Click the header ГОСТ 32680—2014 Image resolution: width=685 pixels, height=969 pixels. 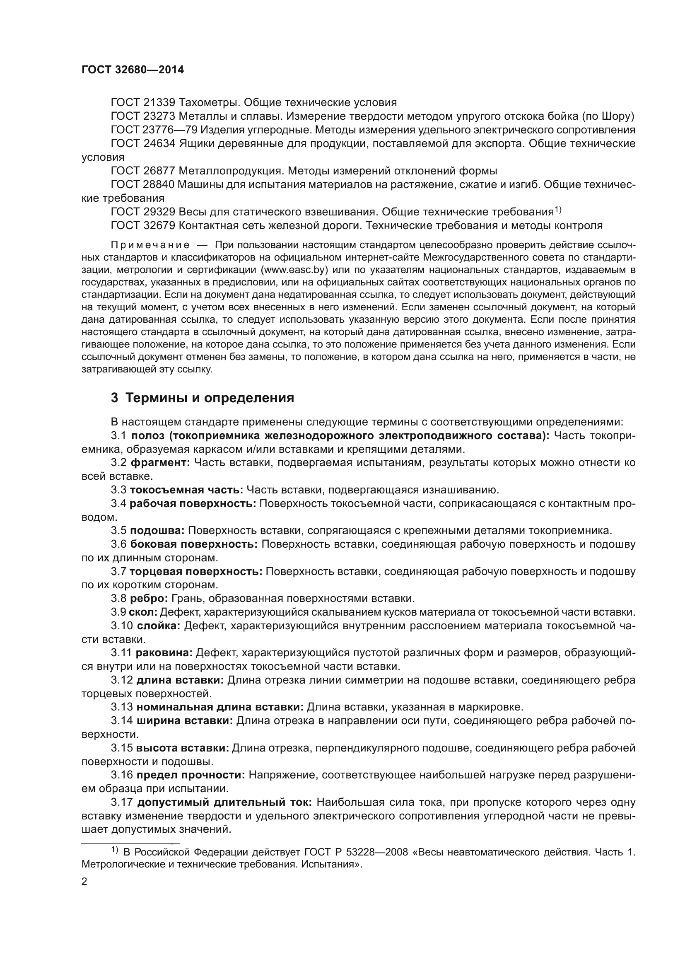pos(133,70)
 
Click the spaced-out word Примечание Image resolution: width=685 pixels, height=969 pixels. pos(150,246)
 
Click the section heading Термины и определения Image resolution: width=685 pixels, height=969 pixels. pos(210,398)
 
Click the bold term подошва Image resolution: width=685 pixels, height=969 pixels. pos(157,531)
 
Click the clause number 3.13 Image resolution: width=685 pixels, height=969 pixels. pos(122,707)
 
